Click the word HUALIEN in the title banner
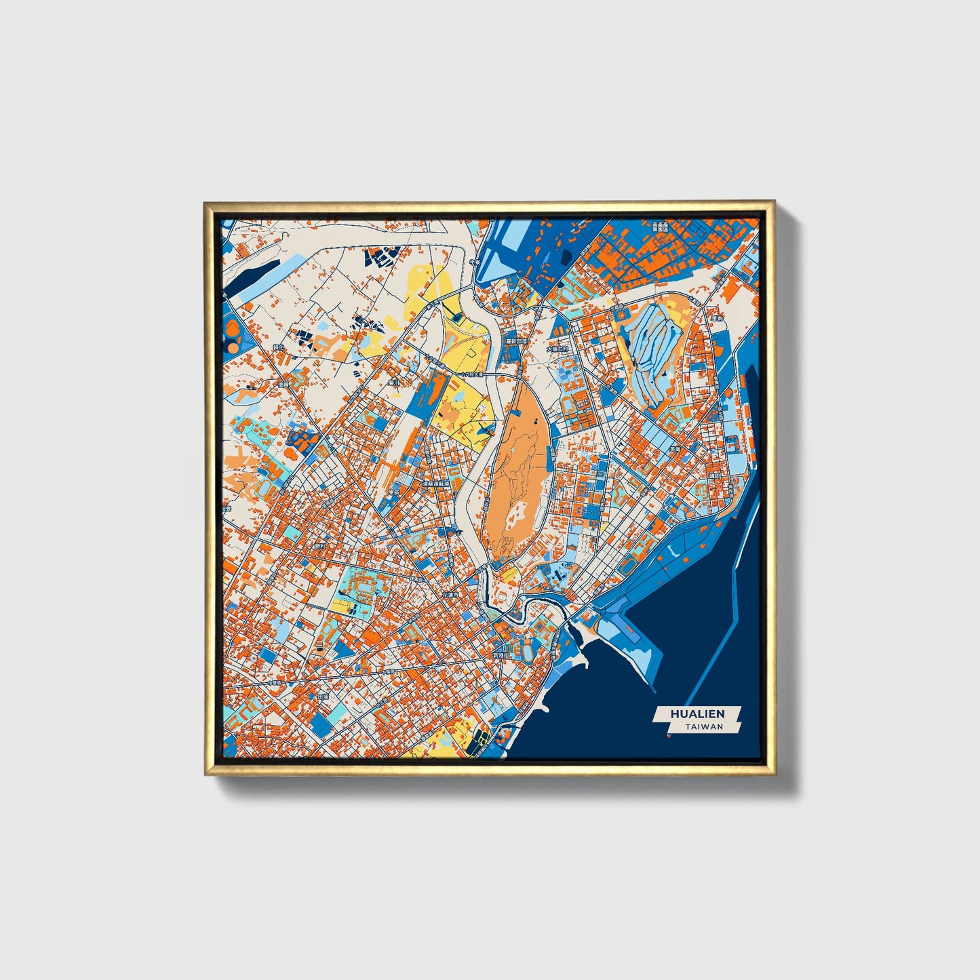pyautogui.click(x=697, y=713)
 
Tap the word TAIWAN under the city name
pyautogui.click(x=704, y=726)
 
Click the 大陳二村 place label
pyautogui.click(x=557, y=350)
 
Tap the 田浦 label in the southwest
pyautogui.click(x=323, y=697)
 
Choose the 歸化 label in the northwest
pyautogui.click(x=277, y=347)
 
